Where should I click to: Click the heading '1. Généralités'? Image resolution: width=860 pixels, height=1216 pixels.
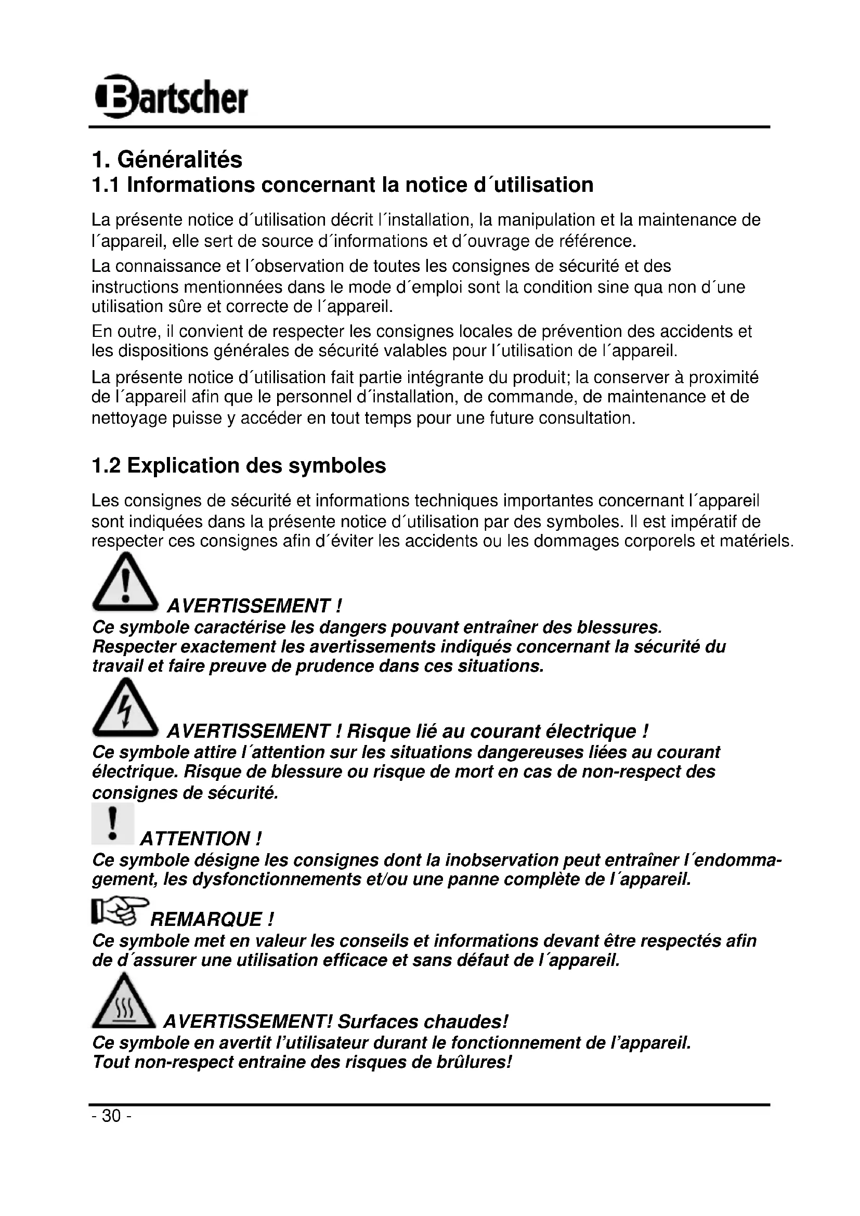(x=167, y=160)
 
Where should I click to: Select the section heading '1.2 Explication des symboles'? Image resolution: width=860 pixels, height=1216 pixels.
(x=239, y=465)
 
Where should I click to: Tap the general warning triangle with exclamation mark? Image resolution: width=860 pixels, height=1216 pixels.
(x=125, y=582)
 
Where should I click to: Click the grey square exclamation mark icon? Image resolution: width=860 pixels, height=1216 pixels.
(x=112, y=823)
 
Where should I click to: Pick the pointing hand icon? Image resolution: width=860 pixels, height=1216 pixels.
(x=120, y=911)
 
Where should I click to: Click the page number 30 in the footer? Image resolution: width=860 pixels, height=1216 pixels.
(x=111, y=1116)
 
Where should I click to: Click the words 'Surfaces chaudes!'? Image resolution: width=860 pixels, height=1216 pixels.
(x=423, y=1021)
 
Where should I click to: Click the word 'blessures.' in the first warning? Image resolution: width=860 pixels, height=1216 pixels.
(x=619, y=627)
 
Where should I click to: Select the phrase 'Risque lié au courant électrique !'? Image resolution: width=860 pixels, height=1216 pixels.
(x=498, y=731)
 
